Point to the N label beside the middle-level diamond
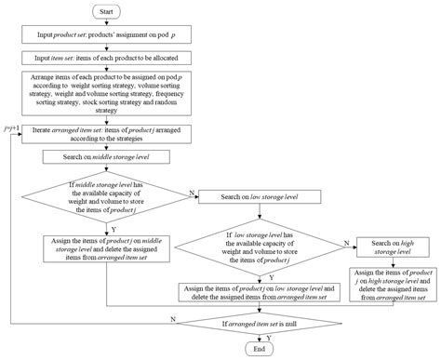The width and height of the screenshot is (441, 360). click(x=193, y=191)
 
